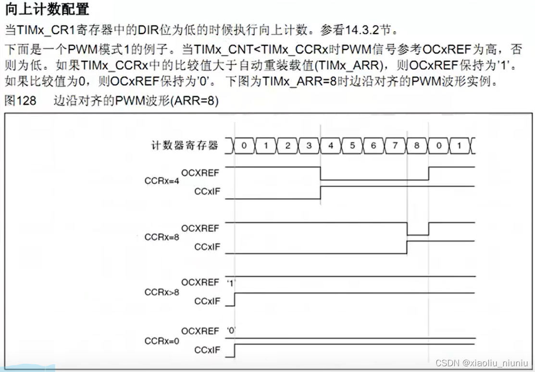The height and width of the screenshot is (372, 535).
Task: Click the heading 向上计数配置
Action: pos(47,9)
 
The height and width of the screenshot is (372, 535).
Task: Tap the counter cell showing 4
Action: pos(331,145)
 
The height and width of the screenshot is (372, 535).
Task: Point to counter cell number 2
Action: pos(287,145)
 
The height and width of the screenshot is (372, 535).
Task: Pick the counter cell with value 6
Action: pos(373,145)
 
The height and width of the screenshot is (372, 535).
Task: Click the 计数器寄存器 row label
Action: pos(185,145)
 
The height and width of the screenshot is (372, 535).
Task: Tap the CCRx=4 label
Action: pos(162,181)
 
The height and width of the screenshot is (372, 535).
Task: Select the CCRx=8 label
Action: pos(162,237)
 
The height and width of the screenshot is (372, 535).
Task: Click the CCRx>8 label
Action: pos(162,292)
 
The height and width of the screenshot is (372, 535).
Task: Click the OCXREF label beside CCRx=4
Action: pos(200,173)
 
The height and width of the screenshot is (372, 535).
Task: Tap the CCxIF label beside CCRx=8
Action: pos(207,247)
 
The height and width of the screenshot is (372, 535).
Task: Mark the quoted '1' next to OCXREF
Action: pos(231,283)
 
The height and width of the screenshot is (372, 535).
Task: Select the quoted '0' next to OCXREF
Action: pos(231,331)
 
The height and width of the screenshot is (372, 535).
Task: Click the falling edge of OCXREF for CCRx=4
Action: pos(321,173)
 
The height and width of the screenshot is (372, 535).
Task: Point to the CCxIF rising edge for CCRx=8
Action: pos(407,247)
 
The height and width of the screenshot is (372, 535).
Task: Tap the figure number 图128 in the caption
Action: pos(20,101)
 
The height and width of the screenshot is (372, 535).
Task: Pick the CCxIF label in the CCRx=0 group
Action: pos(207,350)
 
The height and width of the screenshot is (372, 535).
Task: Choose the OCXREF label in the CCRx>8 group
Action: pos(200,283)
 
